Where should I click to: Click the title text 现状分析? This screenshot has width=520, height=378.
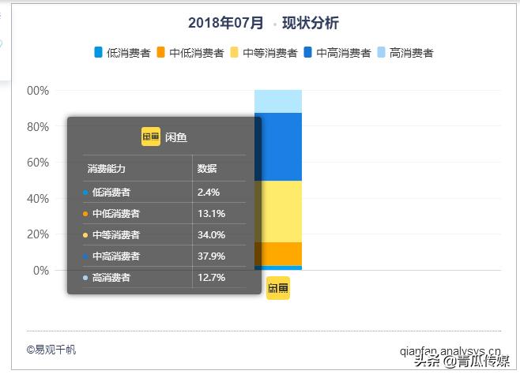tap(310, 23)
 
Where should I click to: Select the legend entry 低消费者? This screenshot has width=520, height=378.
tap(122, 53)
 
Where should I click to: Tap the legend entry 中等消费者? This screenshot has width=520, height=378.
tap(263, 53)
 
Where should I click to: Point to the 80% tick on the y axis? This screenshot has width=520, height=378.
tap(38, 126)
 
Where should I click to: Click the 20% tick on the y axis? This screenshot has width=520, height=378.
tap(38, 234)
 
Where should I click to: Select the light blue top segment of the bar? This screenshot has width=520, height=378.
tap(277, 101)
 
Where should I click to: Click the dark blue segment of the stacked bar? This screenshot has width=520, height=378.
tap(277, 147)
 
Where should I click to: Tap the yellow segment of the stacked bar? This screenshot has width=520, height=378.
tap(277, 211)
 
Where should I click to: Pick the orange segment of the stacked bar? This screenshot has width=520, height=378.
tap(277, 253)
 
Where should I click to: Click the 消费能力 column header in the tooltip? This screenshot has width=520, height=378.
tap(106, 169)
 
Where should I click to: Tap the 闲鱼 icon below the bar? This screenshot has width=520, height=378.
tap(278, 288)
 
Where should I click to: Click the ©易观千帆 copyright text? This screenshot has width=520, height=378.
tap(51, 350)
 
